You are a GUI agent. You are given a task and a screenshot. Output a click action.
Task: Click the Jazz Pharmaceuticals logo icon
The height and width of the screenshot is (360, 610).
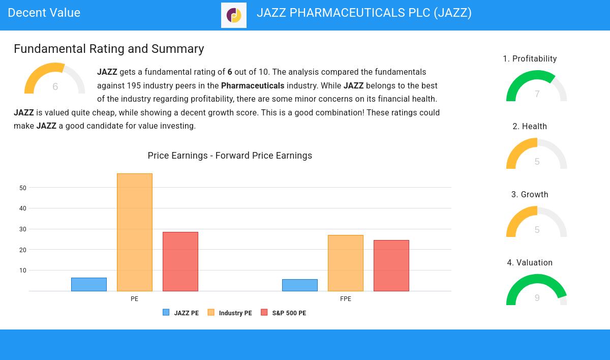click(x=234, y=15)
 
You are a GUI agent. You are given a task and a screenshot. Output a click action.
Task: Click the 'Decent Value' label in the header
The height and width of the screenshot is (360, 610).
click(x=44, y=13)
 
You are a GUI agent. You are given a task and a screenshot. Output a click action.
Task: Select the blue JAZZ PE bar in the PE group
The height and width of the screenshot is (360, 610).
click(x=89, y=284)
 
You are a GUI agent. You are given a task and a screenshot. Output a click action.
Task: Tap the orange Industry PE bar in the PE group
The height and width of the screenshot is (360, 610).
click(x=135, y=232)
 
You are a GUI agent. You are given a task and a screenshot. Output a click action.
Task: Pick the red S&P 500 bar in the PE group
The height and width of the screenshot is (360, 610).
click(x=180, y=261)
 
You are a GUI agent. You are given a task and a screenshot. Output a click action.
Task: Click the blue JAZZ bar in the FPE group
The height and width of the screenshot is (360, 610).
click(x=300, y=285)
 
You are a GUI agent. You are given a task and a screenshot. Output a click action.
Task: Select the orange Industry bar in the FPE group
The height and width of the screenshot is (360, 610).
click(x=346, y=263)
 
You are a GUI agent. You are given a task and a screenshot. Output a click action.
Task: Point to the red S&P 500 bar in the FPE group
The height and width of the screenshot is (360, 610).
click(x=391, y=265)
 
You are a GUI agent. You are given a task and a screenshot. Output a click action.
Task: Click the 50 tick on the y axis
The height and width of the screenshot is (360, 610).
click(x=23, y=188)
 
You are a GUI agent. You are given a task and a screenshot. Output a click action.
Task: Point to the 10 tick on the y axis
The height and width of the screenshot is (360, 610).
click(x=23, y=271)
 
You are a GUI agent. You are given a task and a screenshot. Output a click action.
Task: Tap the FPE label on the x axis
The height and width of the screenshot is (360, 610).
click(x=346, y=299)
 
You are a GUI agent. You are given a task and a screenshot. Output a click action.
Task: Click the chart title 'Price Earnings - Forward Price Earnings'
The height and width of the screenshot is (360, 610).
click(x=230, y=156)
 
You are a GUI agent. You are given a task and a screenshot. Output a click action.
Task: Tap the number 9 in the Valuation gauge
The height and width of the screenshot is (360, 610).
click(x=537, y=298)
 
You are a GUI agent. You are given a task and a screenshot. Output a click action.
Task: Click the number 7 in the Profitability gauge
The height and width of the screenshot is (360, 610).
click(x=537, y=94)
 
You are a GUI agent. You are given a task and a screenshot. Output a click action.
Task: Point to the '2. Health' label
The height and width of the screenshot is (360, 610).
click(x=530, y=127)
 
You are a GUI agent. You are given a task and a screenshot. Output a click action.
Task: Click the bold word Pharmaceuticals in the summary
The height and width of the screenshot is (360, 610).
click(x=253, y=86)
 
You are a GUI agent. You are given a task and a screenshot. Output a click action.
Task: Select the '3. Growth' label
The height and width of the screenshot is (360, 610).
click(x=530, y=195)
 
